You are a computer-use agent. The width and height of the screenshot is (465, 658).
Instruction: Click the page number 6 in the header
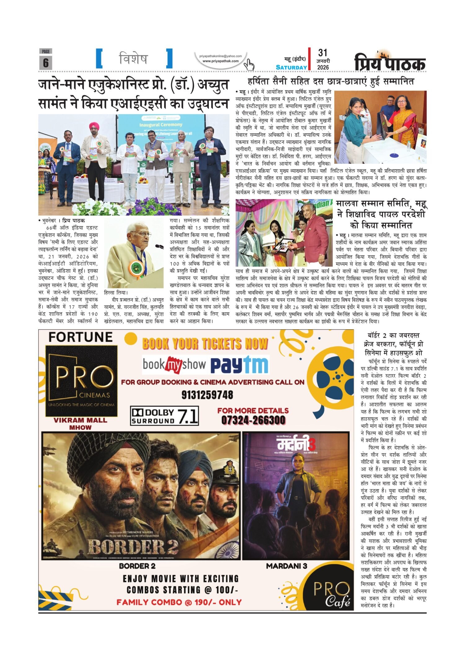(x=46, y=63)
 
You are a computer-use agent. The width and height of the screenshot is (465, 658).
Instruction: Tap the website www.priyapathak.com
(x=220, y=61)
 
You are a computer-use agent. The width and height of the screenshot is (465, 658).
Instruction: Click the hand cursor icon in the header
(x=249, y=64)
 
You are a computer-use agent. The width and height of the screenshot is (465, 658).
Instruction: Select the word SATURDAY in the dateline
(x=291, y=67)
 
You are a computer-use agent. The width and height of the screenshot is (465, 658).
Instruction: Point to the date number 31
(x=322, y=53)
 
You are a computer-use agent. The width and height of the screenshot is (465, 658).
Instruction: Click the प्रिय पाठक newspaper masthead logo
(x=390, y=62)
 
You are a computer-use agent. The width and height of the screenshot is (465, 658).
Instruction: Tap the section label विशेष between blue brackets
(x=134, y=58)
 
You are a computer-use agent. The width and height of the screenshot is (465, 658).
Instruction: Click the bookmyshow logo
(x=174, y=365)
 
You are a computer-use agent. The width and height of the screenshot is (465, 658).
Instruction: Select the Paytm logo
(x=239, y=365)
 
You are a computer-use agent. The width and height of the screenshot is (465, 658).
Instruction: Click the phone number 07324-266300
(x=253, y=420)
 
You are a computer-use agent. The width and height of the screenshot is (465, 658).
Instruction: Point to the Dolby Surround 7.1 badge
(x=164, y=416)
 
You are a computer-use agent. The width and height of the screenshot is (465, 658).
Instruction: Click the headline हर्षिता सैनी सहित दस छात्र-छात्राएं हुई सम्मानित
(x=331, y=82)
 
